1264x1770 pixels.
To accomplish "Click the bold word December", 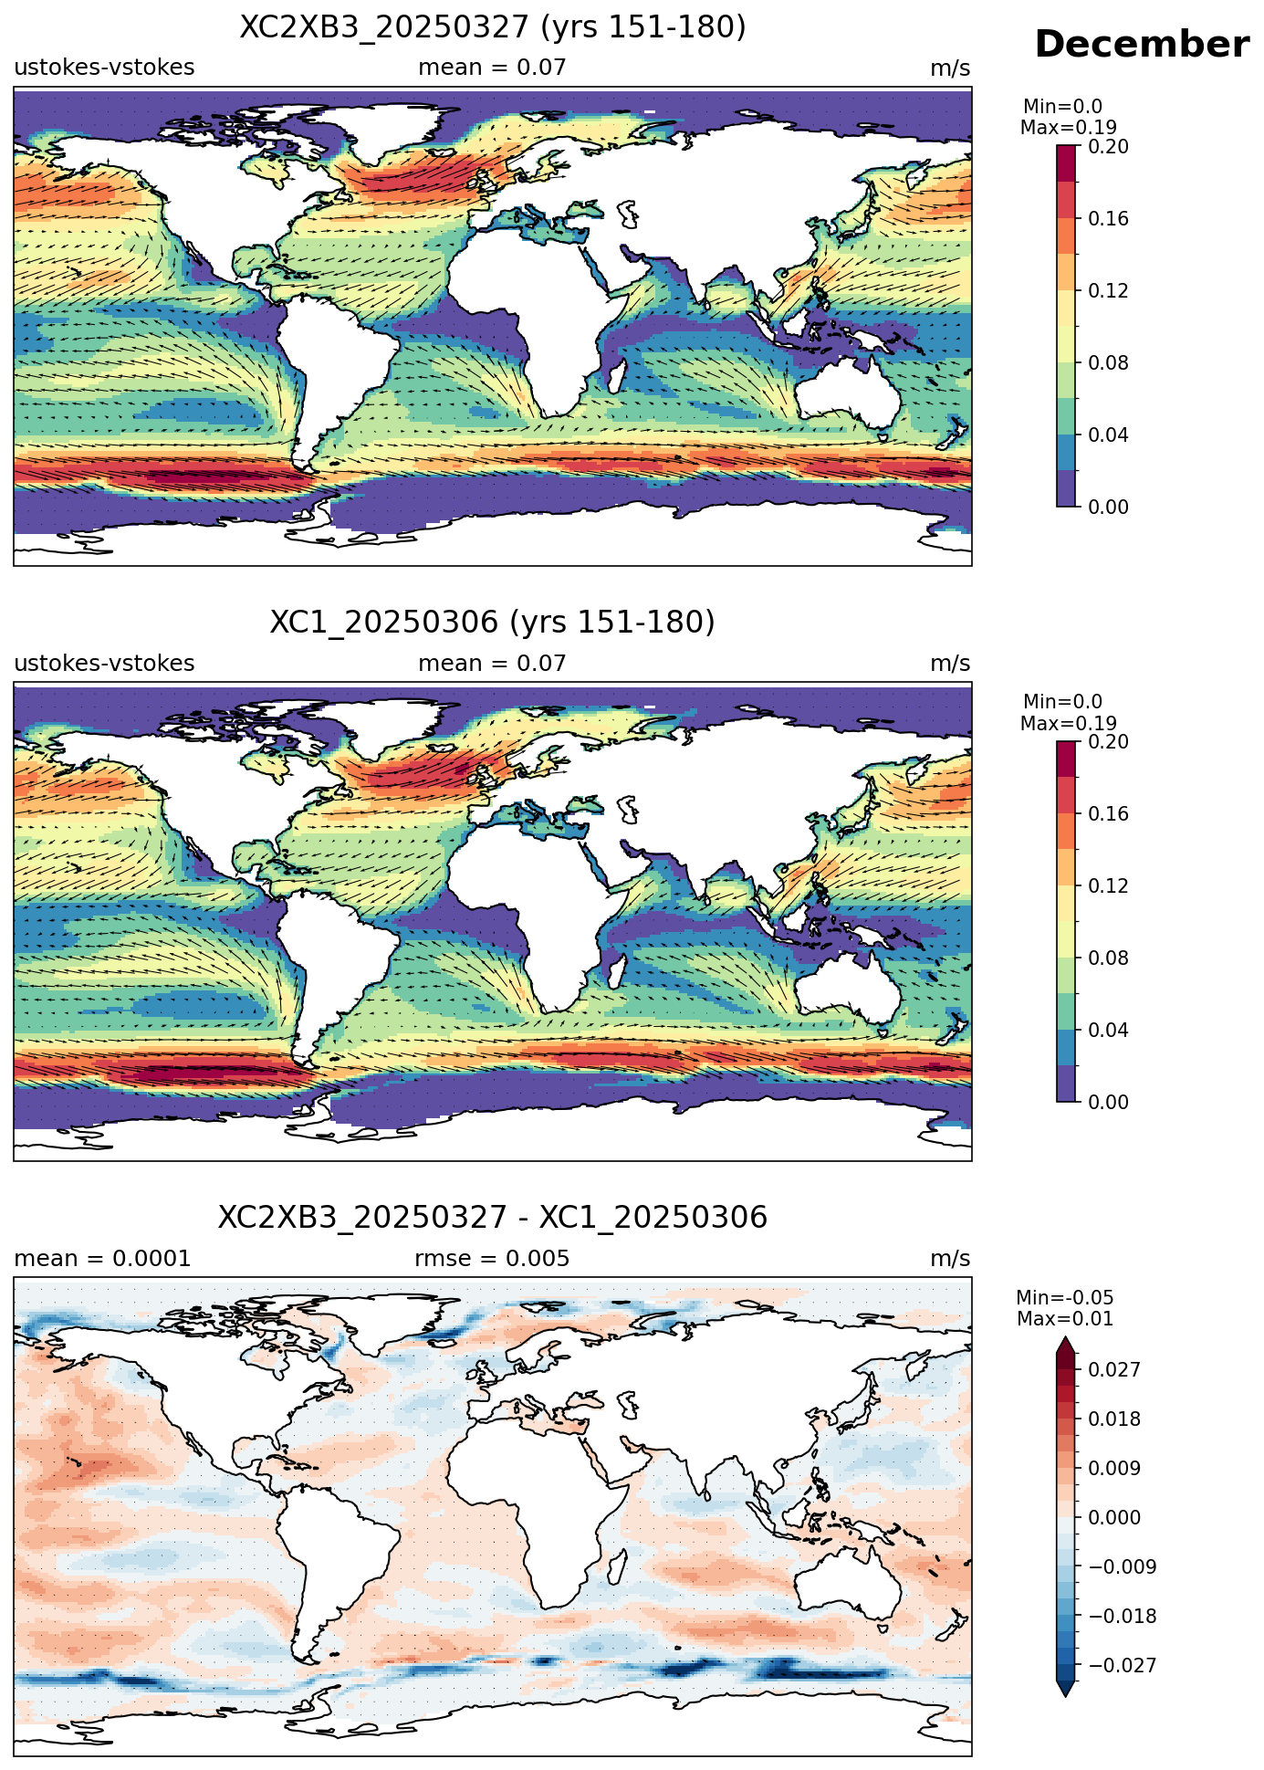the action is point(1142,45).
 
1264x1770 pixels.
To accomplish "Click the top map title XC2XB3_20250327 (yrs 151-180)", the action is point(493,27).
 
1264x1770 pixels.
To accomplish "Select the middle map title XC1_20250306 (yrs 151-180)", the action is point(493,623).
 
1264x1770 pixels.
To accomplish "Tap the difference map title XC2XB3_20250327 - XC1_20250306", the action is point(493,1218).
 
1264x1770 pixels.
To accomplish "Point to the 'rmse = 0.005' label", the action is point(492,1259).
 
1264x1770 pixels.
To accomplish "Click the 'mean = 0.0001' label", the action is point(102,1259).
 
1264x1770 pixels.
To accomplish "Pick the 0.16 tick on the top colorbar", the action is point(1108,218).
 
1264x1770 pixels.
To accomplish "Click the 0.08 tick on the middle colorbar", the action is point(1108,958).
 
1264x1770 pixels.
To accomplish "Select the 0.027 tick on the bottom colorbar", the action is point(1113,1369).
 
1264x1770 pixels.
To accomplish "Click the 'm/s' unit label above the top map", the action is point(950,68).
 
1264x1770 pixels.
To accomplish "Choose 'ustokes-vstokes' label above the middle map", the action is point(104,664).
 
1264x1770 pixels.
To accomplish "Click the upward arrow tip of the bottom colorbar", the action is point(1065,1338).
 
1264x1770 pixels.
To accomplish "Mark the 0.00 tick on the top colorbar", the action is point(1108,507).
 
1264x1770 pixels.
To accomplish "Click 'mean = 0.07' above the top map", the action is point(492,68).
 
